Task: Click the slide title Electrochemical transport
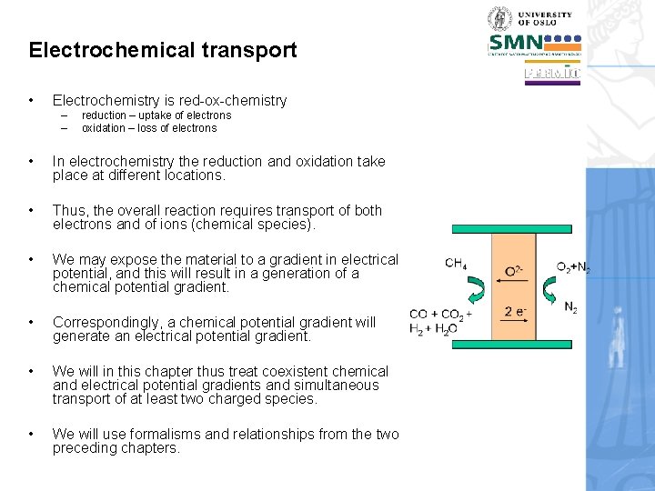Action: pos(163,50)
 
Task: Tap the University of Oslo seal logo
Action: pos(500,18)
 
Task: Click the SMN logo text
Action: pos(516,42)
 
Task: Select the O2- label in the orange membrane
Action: pos(514,271)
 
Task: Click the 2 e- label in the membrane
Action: pos(514,312)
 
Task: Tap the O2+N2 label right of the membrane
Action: pos(573,266)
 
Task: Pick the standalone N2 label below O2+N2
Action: pos(570,308)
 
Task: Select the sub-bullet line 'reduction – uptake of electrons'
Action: pos(156,115)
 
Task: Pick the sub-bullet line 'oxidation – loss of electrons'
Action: pos(149,128)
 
